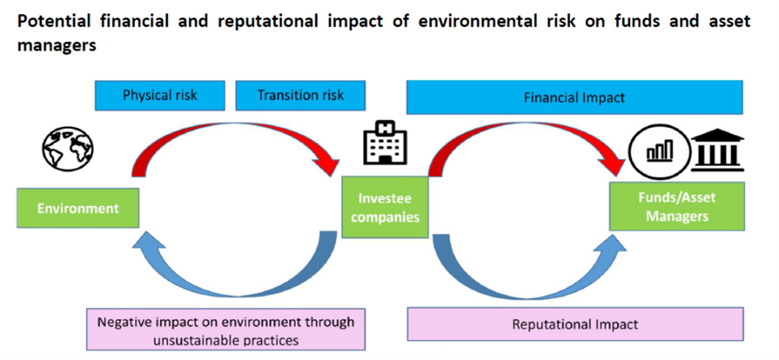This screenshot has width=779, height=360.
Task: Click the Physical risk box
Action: point(160,95)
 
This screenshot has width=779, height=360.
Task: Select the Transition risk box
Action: point(300,95)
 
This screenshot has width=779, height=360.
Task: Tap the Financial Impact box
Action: point(575,97)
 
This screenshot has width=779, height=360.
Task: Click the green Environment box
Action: point(78,208)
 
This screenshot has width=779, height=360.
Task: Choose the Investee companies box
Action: point(385,207)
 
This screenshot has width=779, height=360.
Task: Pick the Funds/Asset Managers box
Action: point(677,206)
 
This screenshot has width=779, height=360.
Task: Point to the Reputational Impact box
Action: point(575,324)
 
